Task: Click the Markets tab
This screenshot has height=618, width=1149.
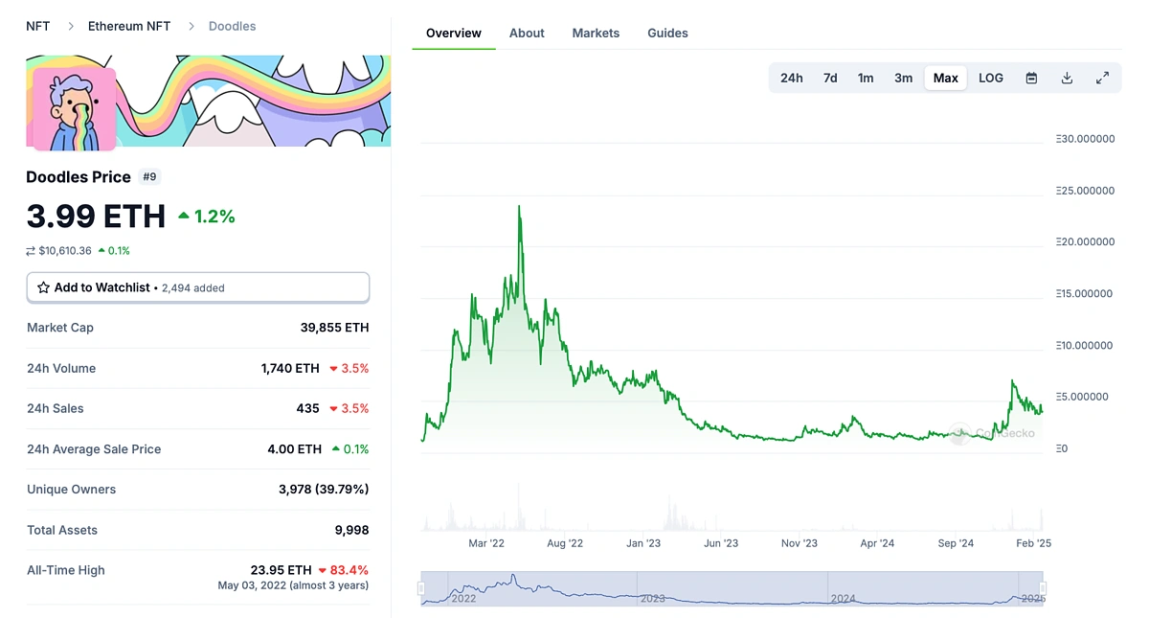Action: [x=596, y=33]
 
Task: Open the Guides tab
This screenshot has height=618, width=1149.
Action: [x=667, y=33]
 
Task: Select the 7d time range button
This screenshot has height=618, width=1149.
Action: [x=830, y=78]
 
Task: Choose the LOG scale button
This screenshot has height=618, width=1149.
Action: [x=991, y=78]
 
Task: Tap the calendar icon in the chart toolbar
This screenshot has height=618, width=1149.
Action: [x=1031, y=78]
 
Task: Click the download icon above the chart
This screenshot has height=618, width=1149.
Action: [x=1067, y=78]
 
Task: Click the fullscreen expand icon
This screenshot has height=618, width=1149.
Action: [x=1102, y=78]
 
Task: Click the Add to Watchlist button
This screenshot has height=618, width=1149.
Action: [x=197, y=287]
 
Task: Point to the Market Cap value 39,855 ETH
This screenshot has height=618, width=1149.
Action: [x=334, y=328]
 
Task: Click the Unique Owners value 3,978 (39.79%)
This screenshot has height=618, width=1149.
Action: [x=324, y=490]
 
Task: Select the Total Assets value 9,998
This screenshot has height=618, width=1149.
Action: [x=350, y=530]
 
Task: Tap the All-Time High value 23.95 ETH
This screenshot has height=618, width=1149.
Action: [x=282, y=570]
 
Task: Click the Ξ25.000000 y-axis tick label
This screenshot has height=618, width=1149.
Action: [x=1085, y=191]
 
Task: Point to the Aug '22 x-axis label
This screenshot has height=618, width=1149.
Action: [x=565, y=543]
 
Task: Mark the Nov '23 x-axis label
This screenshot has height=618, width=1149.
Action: [x=799, y=543]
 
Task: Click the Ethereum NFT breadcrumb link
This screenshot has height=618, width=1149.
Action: [x=129, y=26]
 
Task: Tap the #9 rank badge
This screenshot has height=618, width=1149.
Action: [x=149, y=176]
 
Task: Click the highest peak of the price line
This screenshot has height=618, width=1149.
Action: [x=519, y=206]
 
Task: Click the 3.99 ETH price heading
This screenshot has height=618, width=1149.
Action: [x=96, y=217]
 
